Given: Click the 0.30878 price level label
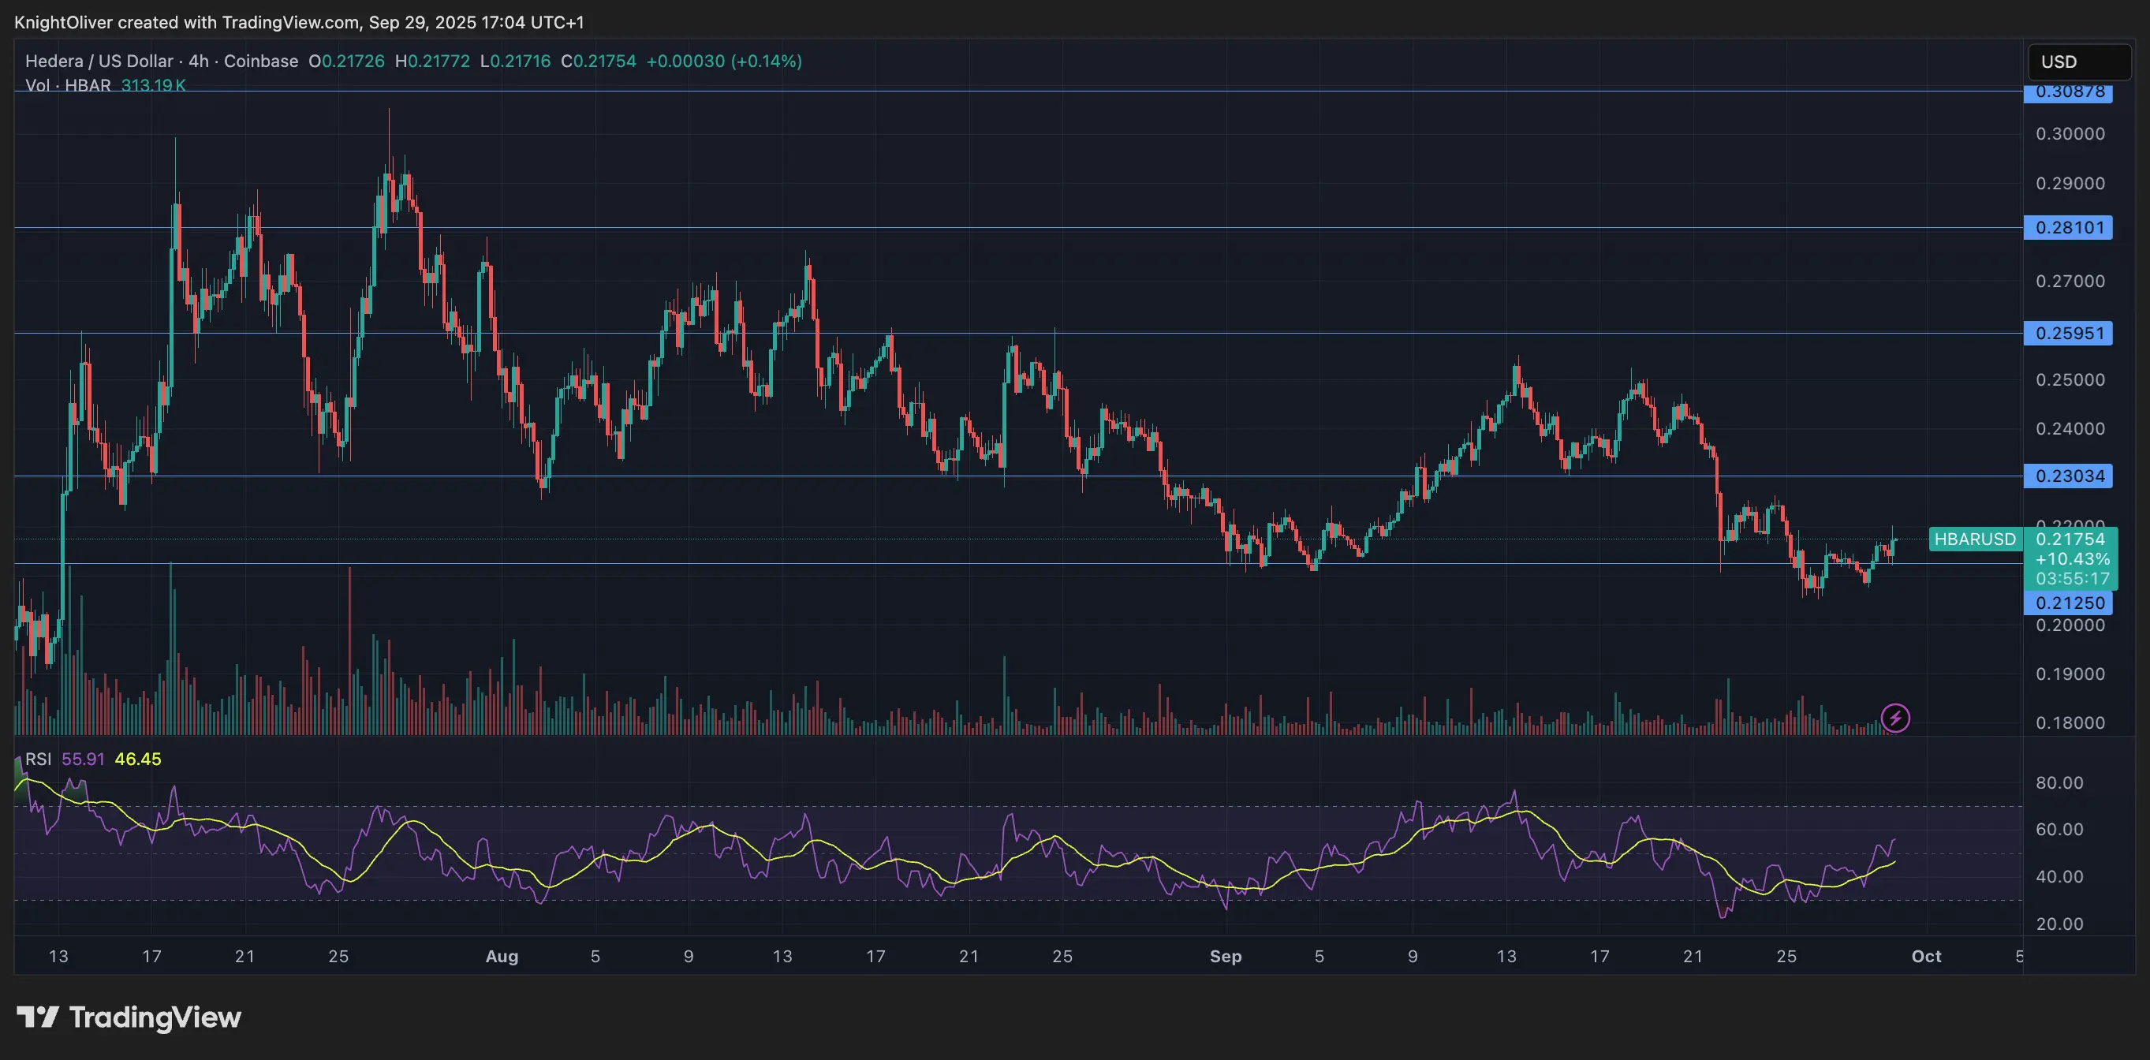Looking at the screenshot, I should [x=2068, y=91].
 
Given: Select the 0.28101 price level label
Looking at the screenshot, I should [x=2068, y=228].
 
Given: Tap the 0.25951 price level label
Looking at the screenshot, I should [x=2068, y=333].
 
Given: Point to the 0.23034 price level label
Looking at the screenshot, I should [x=2068, y=476].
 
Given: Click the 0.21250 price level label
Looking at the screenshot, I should [x=2068, y=603].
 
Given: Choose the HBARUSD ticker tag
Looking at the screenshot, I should [x=1975, y=539].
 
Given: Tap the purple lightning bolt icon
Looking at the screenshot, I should [x=1895, y=718].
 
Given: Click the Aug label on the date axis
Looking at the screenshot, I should [x=502, y=957].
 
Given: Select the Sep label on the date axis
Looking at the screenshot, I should [x=1225, y=957].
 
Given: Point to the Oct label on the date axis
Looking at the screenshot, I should [x=1926, y=957].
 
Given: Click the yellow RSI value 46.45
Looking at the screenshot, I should [x=138, y=760].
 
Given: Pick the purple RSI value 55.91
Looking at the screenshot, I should [x=84, y=760].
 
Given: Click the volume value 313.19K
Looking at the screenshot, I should [x=154, y=85].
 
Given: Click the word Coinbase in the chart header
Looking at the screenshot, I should [x=260, y=61].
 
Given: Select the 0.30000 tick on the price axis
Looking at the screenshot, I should [x=2070, y=133].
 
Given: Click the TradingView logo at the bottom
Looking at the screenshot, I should [x=129, y=1017].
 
